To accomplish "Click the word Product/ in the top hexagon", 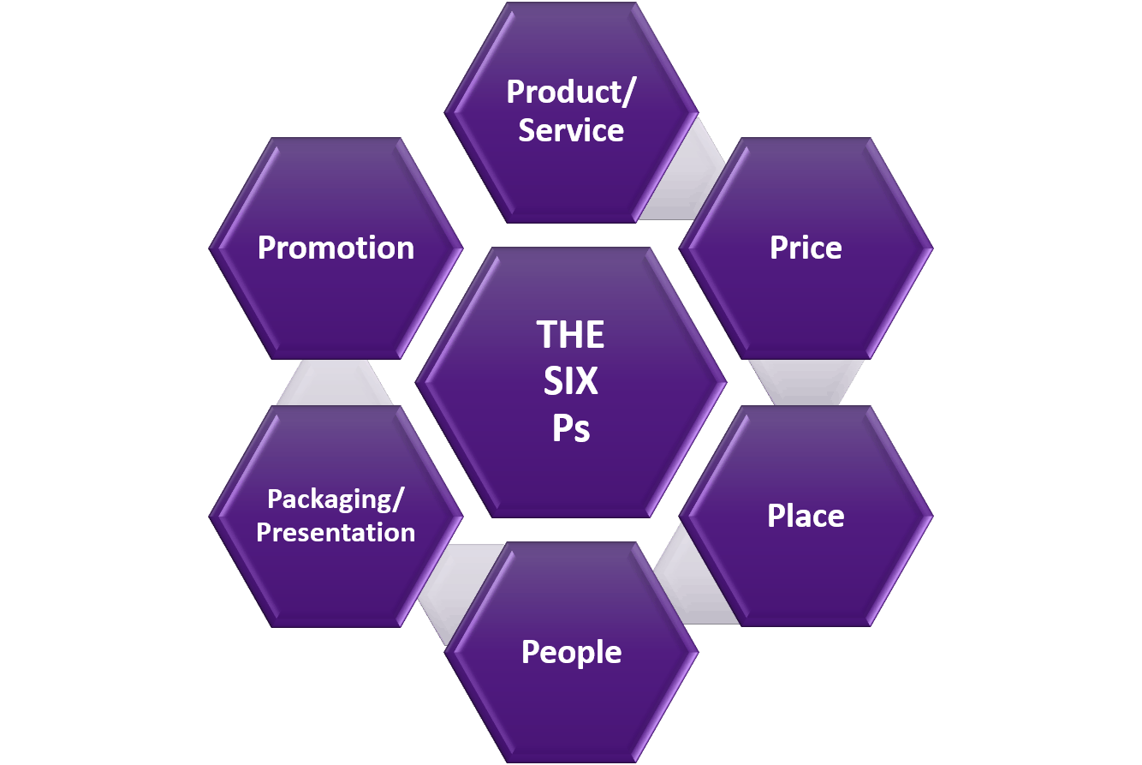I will click(570, 92).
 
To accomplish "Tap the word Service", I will click(571, 130).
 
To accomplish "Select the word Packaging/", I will click(336, 499).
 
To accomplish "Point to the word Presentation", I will click(336, 532).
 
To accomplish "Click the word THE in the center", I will click(571, 334).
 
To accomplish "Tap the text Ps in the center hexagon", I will click(571, 427).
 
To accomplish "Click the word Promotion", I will click(336, 248).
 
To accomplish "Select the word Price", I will click(806, 248).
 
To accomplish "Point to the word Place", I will click(806, 516).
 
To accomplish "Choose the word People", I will click(571, 652).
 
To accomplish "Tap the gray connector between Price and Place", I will click(806, 381).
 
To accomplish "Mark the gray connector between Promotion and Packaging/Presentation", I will click(335, 382).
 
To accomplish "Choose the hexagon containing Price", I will click(806, 300).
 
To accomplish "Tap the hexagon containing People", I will click(571, 702).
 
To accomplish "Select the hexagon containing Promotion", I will click(336, 300).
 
